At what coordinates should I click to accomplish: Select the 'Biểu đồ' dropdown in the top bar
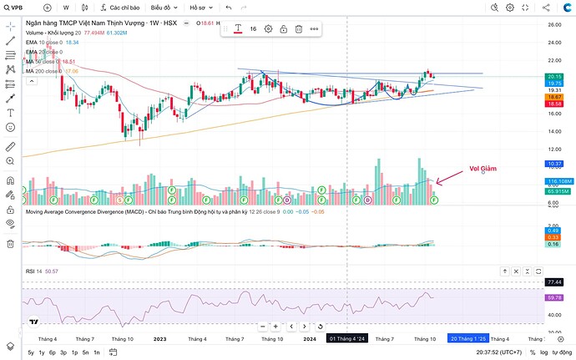click(x=163, y=7)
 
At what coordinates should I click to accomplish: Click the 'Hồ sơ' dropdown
click(x=199, y=7)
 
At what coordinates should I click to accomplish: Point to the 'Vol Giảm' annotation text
click(x=483, y=168)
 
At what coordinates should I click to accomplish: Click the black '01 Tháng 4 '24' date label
click(x=346, y=338)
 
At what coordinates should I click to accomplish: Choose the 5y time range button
click(x=31, y=352)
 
